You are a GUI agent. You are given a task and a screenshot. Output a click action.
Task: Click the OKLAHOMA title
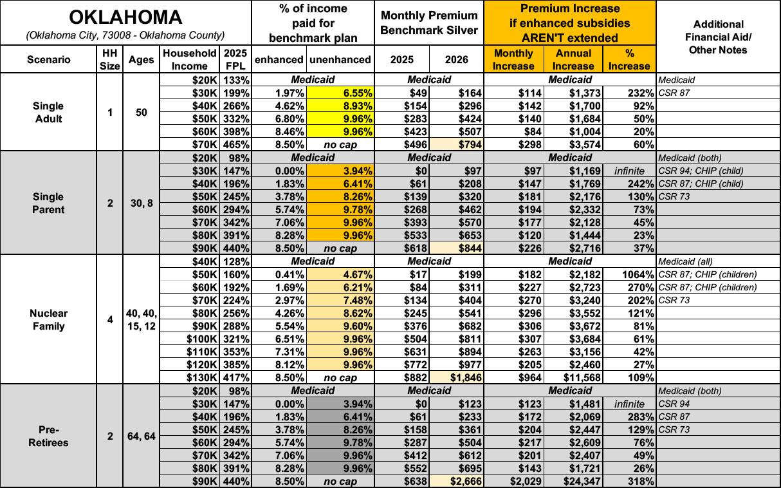coord(125,17)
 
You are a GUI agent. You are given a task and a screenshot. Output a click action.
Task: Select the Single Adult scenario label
coord(49,112)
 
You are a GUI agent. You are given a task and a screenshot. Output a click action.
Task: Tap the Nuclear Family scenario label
coord(49,319)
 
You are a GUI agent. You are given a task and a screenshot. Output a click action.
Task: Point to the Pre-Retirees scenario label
coord(49,436)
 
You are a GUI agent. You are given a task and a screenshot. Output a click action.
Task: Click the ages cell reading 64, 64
coord(141,436)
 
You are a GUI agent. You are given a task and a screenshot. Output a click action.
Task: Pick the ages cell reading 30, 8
coord(141,203)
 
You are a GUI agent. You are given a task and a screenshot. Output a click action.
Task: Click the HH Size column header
coord(110,59)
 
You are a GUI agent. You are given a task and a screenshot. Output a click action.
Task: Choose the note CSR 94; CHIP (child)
coord(702,171)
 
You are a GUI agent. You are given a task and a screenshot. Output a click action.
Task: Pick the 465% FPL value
coord(235,144)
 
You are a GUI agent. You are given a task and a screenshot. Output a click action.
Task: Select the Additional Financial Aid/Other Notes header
coord(718,37)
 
